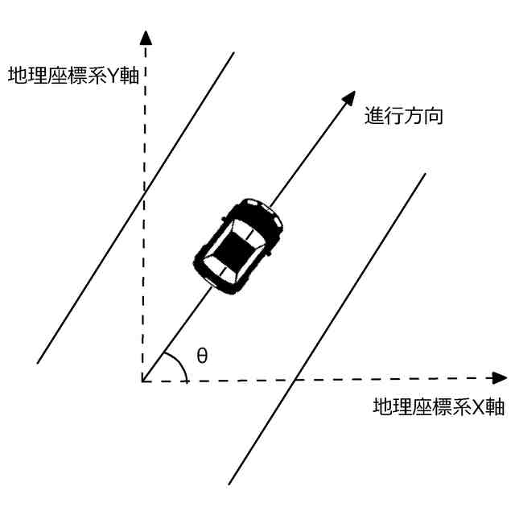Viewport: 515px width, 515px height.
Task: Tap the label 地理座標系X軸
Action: pyautogui.click(x=439, y=406)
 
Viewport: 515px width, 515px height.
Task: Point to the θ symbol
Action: pyautogui.click(x=202, y=355)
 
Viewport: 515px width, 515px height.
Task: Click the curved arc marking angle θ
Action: pyautogui.click(x=183, y=362)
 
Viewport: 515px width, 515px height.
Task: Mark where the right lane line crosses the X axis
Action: pyautogui.click(x=295, y=379)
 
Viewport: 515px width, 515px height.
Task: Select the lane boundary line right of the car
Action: pyautogui.click(x=346, y=298)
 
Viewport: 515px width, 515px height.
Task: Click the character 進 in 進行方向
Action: pyautogui.click(x=375, y=117)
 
